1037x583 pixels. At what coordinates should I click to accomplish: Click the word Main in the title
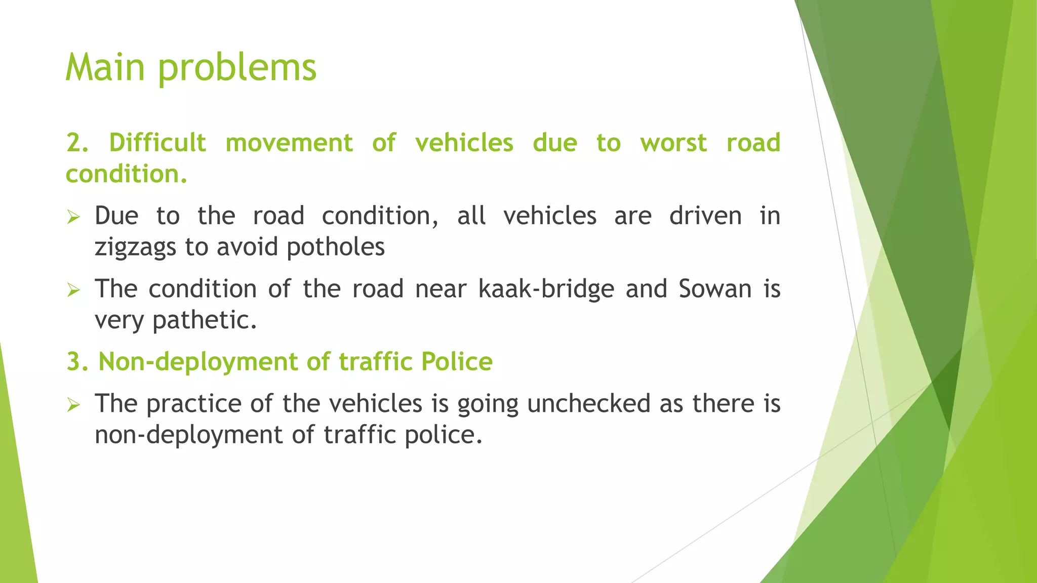point(105,67)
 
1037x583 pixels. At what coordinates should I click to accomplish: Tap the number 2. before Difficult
point(77,143)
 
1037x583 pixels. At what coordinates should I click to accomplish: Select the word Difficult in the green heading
point(157,143)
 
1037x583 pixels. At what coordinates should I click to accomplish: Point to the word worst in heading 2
point(673,143)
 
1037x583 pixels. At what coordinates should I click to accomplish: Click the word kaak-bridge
point(546,289)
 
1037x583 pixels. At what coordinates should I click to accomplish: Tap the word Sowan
point(715,289)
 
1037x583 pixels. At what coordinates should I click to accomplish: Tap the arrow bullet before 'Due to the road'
point(74,218)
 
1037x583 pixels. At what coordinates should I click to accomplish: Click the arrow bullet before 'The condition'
point(74,290)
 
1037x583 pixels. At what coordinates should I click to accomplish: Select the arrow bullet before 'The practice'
point(74,405)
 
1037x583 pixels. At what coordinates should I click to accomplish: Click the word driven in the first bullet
point(705,216)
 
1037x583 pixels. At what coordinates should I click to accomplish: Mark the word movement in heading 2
point(289,143)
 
